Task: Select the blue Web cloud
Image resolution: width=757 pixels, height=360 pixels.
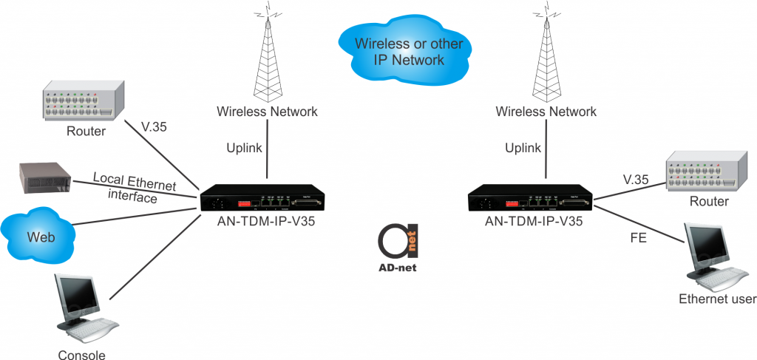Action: pyautogui.click(x=41, y=237)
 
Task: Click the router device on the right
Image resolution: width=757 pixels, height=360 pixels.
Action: pyautogui.click(x=702, y=172)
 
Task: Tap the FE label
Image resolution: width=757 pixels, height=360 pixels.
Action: pyautogui.click(x=638, y=239)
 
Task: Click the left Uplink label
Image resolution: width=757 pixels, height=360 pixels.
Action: pyautogui.click(x=244, y=148)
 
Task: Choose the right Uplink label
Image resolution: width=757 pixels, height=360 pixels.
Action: pyautogui.click(x=523, y=148)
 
